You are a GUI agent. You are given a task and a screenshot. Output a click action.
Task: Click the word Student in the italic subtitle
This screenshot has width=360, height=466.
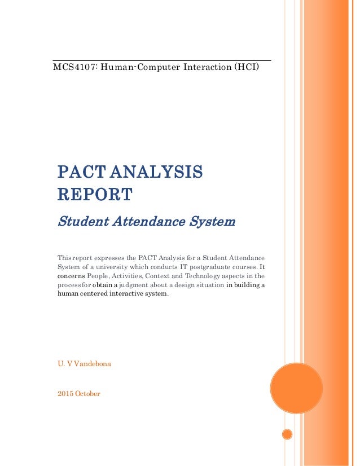pos(79,222)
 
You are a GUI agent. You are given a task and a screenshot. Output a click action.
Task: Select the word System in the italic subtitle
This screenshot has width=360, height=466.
pos(213,222)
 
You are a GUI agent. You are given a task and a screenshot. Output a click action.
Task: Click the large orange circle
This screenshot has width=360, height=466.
pos(296,388)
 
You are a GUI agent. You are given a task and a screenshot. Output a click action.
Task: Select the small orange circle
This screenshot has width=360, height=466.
pos(287,434)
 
